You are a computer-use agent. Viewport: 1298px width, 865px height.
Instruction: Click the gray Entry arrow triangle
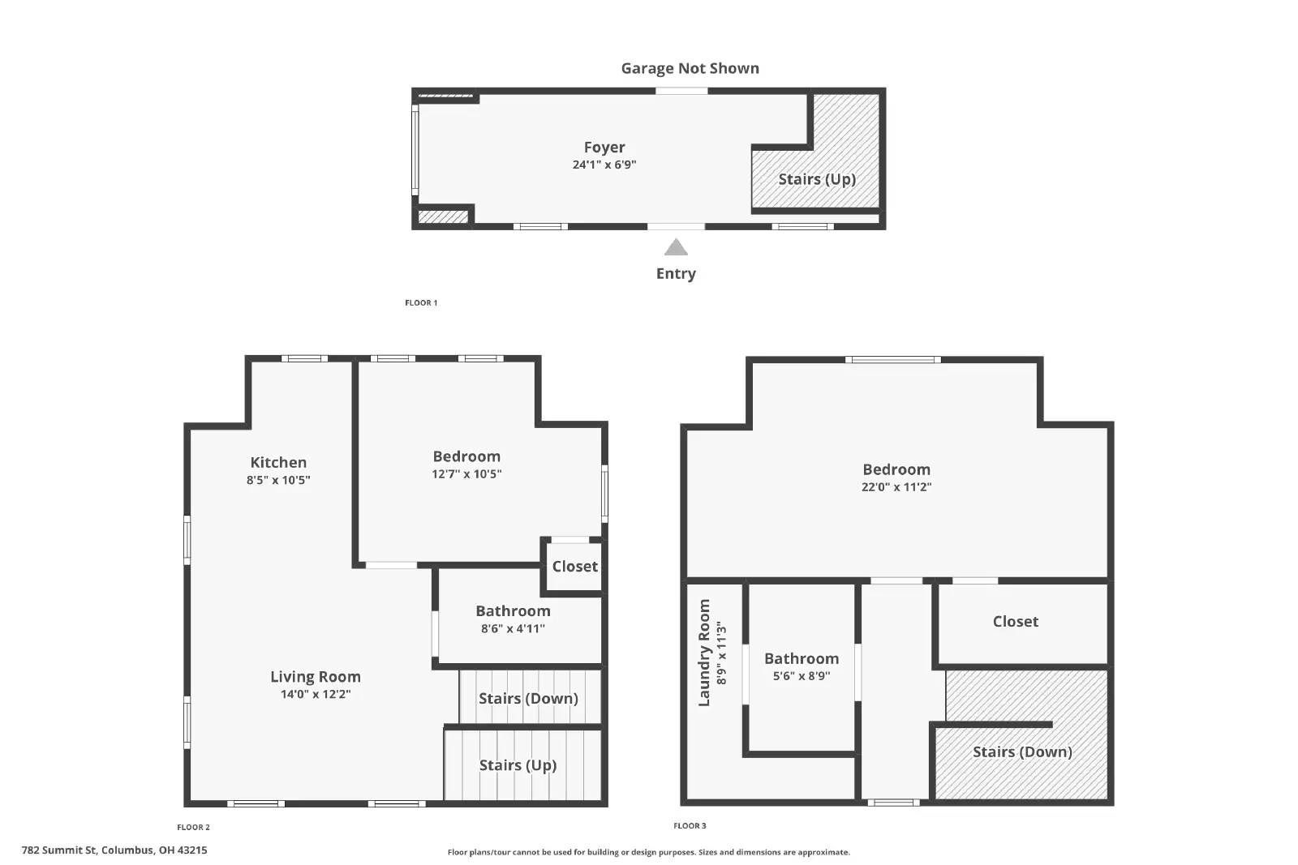tap(676, 247)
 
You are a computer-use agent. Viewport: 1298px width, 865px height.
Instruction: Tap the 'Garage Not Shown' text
tap(690, 69)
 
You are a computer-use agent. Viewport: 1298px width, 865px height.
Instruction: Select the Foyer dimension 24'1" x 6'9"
tap(604, 165)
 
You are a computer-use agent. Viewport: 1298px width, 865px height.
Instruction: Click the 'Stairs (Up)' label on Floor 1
tap(817, 179)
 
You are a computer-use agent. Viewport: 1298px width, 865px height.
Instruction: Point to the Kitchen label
tap(278, 462)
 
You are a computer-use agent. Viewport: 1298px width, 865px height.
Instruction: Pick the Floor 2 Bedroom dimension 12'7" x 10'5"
tap(466, 474)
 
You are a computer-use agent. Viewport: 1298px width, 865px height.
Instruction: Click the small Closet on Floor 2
tap(574, 567)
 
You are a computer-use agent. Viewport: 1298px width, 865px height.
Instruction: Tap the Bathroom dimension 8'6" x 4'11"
tap(513, 628)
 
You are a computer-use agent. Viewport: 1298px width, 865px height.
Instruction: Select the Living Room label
tap(316, 676)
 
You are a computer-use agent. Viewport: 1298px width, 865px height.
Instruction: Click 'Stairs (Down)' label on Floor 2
tap(528, 698)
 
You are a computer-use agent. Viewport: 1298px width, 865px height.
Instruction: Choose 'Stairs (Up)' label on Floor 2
tap(518, 765)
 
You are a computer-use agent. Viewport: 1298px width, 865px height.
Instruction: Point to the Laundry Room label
tap(703, 653)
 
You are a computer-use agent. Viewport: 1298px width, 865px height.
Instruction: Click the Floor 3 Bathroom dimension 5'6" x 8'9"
tap(802, 676)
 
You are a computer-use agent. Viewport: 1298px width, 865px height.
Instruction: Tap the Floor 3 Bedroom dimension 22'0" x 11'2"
tap(896, 487)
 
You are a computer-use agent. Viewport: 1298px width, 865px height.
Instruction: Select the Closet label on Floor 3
tap(1015, 622)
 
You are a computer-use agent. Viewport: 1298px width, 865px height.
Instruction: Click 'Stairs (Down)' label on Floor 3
tap(1022, 752)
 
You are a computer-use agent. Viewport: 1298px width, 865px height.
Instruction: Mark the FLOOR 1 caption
tap(421, 303)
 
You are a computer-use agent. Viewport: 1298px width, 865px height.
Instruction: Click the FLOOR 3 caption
tap(690, 826)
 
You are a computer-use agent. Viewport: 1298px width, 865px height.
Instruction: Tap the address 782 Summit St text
tap(114, 850)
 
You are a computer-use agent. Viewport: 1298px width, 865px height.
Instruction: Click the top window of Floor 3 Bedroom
tap(892, 359)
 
